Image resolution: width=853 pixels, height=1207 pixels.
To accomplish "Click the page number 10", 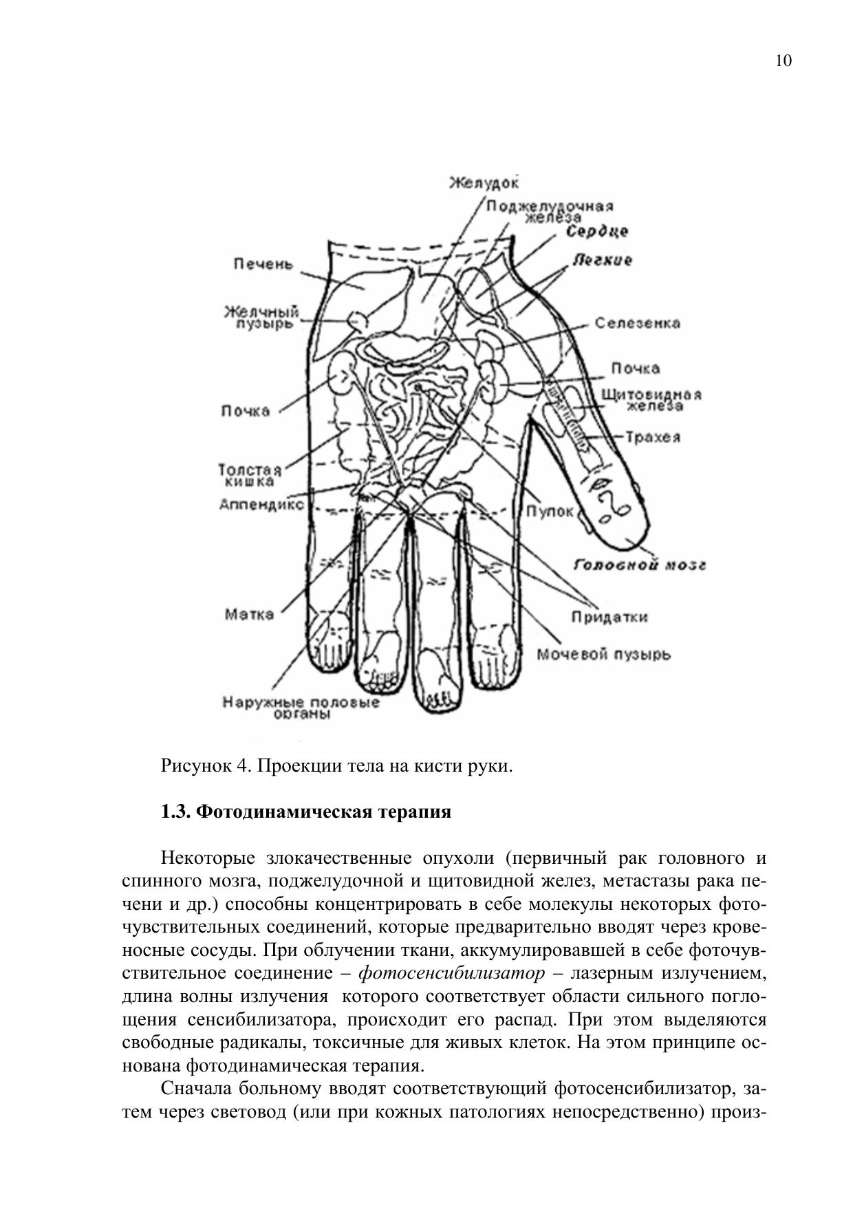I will [784, 61].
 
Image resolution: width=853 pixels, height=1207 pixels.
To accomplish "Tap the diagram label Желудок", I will [484, 183].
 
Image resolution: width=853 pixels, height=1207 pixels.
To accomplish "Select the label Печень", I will [263, 264].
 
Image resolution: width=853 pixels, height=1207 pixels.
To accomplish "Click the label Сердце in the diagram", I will [597, 232].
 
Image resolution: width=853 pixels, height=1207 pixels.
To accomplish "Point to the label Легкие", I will [602, 261].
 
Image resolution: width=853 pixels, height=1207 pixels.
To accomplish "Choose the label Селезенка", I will [637, 323].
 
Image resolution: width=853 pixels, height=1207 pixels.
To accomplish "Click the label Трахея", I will [653, 437].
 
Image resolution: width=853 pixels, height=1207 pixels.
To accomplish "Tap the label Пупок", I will [550, 512].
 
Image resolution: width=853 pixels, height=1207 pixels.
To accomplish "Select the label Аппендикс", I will [261, 504].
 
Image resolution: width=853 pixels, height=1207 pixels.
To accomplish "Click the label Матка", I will [249, 614].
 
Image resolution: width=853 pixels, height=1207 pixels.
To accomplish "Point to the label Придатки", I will [609, 617].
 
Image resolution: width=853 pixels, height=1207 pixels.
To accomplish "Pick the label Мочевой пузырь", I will [603, 654].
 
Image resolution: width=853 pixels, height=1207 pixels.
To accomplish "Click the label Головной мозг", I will [640, 565].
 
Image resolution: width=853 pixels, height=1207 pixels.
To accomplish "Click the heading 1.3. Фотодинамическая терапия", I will [306, 812].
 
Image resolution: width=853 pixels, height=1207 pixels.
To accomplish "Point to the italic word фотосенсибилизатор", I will [452, 973].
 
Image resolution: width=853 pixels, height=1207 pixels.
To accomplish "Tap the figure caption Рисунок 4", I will [337, 765].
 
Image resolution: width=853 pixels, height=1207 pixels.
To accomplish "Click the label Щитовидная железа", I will [651, 400].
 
